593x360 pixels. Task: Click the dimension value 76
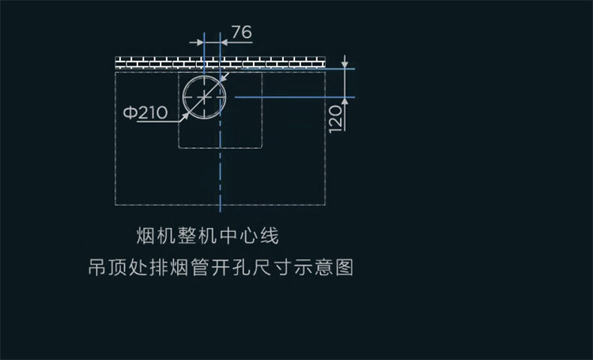242,32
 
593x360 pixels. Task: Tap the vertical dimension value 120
335,119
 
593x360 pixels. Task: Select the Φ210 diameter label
145,112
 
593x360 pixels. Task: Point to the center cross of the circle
204,97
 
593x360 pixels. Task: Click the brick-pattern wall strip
220,62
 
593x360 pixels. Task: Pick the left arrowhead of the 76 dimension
200,43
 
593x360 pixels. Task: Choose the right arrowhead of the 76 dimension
225,43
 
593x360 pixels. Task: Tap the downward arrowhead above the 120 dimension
345,64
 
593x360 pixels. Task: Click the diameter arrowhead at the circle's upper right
223,78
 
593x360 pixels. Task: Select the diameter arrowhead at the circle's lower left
185,116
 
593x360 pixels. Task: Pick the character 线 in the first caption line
270,236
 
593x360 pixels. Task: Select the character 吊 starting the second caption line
97,267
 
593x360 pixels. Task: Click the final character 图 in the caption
344,267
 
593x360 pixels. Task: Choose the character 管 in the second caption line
200,267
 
